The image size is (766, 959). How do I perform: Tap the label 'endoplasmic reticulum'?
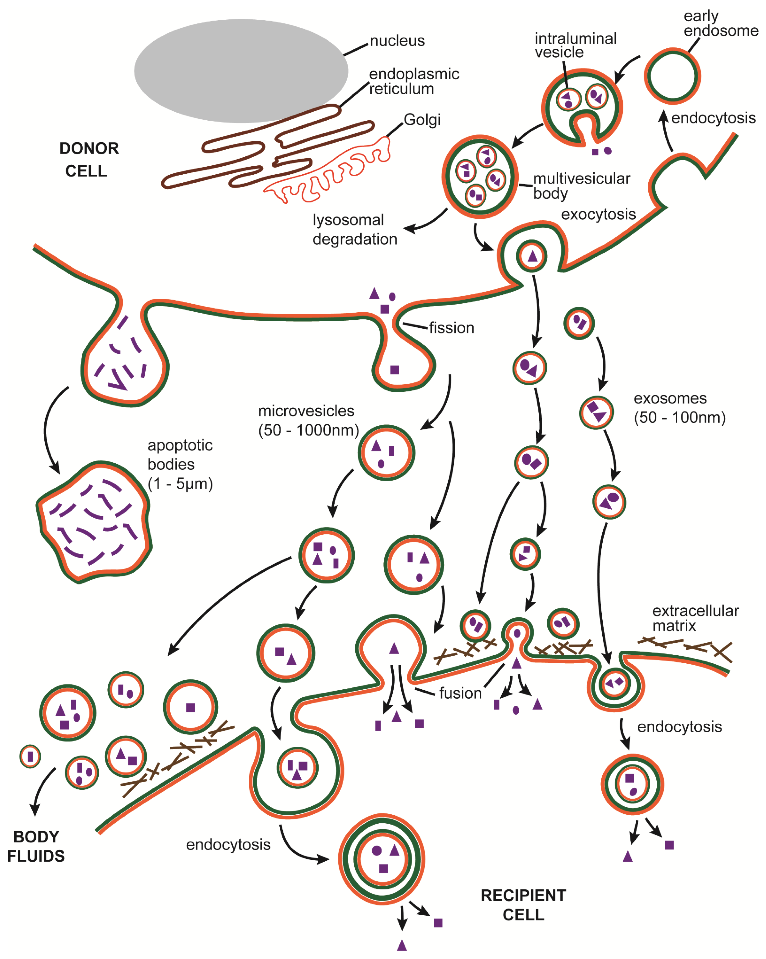tap(414, 81)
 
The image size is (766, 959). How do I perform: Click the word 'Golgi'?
tap(422, 120)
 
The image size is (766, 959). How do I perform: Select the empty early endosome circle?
tap(672, 76)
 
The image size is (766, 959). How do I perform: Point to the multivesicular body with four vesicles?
tap(479, 177)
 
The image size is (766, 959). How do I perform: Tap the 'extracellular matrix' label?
tap(695, 618)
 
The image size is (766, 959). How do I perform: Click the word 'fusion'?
tap(460, 693)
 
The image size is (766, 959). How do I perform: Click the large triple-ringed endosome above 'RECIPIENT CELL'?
tap(382, 859)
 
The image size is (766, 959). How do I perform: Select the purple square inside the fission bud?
tap(395, 370)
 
